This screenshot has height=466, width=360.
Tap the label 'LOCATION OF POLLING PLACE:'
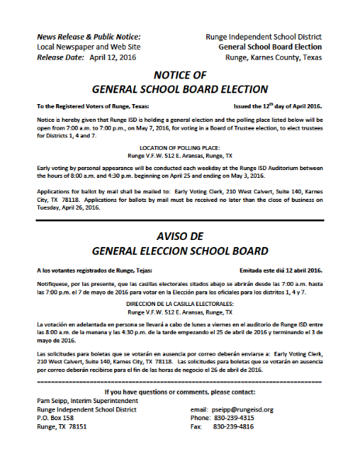click(x=181, y=147)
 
